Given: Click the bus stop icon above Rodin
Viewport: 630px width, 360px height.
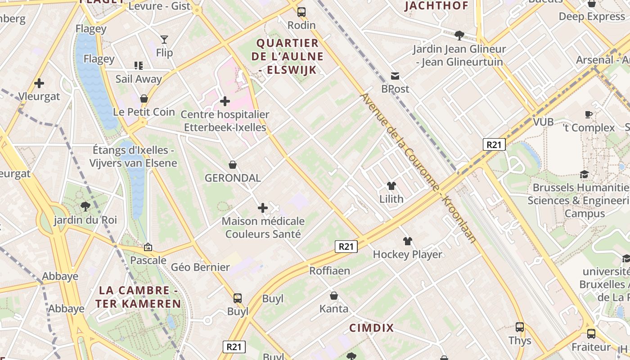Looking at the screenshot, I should coord(301,12).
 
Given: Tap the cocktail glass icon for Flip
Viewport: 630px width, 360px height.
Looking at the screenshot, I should coord(164,40).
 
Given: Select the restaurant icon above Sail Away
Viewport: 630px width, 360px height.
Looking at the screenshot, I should coord(139,66).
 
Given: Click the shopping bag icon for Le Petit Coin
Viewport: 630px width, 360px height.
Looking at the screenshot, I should coord(144,98).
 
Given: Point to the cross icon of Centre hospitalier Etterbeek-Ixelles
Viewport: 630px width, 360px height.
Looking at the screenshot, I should coord(225,101).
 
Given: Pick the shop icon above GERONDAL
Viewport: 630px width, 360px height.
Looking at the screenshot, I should coord(233,165).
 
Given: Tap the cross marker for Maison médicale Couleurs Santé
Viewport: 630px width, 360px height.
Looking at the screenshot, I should coord(263,207).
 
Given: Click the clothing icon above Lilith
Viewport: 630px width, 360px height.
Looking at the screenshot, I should coord(391,185).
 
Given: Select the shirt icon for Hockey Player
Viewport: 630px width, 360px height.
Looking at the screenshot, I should coord(408,241).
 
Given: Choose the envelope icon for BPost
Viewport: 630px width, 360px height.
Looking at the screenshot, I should coord(395,76).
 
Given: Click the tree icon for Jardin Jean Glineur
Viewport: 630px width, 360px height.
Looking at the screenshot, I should coord(459,35).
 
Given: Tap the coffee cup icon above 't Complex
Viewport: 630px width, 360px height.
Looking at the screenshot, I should coord(589,114).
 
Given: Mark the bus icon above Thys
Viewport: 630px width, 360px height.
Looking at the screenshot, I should coord(520,327).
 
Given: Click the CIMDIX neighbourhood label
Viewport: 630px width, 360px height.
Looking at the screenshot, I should coord(371,328).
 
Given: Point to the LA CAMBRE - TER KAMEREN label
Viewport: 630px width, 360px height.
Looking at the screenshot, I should coord(138,297).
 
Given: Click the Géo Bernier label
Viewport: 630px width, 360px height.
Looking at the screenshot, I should coord(200,267).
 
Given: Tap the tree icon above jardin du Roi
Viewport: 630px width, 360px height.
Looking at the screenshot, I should coord(85,207).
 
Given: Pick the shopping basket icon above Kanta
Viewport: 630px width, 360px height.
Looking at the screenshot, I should coord(334,296).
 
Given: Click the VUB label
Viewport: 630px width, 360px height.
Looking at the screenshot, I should coord(543,122).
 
